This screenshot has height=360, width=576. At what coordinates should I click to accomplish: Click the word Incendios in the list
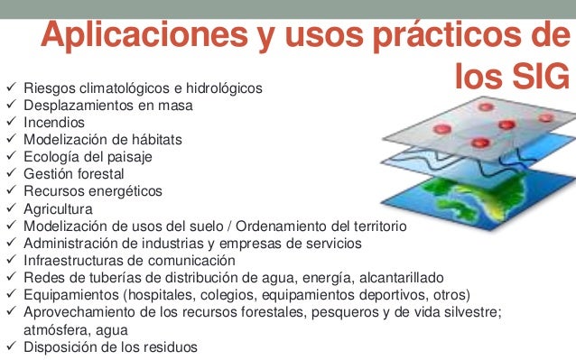[54, 123]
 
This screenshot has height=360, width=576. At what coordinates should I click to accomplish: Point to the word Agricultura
[57, 208]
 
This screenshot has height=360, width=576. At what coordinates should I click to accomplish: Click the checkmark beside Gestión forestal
[11, 174]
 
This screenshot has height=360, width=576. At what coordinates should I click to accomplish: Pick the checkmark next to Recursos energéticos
[11, 191]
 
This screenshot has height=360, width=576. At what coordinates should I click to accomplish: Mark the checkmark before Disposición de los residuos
[11, 346]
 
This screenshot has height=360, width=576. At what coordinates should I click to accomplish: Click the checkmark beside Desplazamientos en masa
[11, 106]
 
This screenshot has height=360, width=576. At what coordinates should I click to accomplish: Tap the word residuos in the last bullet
[169, 346]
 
